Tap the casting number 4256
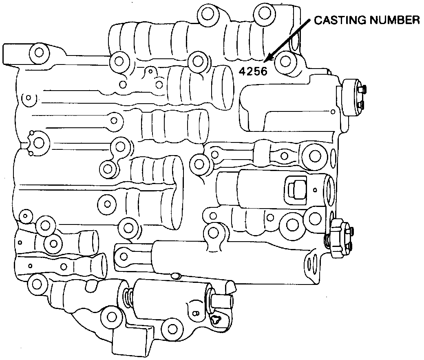click(253, 71)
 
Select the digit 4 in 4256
click(243, 71)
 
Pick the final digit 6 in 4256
click(264, 71)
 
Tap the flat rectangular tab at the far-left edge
click(11, 55)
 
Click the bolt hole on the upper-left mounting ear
click(39, 53)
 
